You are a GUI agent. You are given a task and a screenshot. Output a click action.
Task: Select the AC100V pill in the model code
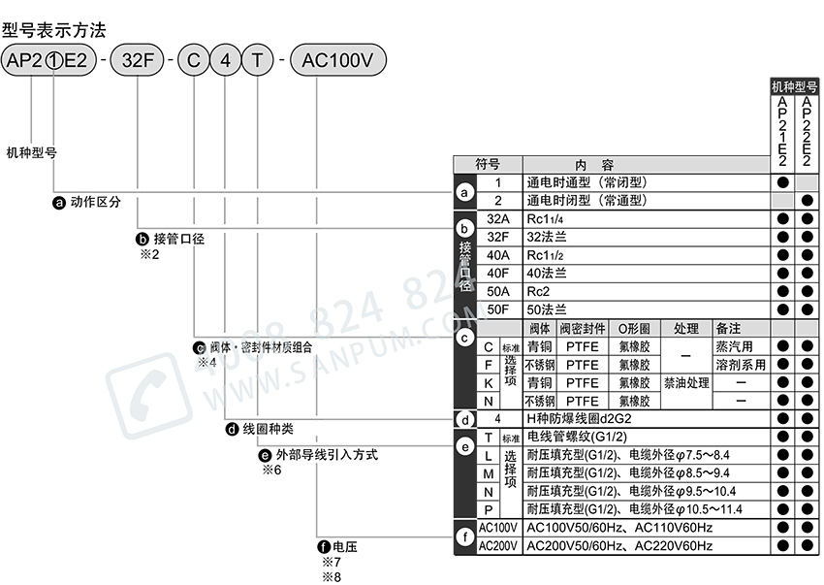tap(337, 60)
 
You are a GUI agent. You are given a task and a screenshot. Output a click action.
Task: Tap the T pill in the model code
tap(257, 60)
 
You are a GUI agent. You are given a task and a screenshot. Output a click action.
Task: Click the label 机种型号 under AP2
tap(32, 152)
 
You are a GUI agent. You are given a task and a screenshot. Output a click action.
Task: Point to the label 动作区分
tap(95, 203)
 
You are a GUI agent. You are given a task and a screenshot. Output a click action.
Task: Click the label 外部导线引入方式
tap(325, 453)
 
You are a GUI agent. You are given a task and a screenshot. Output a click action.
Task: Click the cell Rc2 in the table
tap(538, 291)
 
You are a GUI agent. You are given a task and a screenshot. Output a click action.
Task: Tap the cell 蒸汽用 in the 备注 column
tap(734, 346)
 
